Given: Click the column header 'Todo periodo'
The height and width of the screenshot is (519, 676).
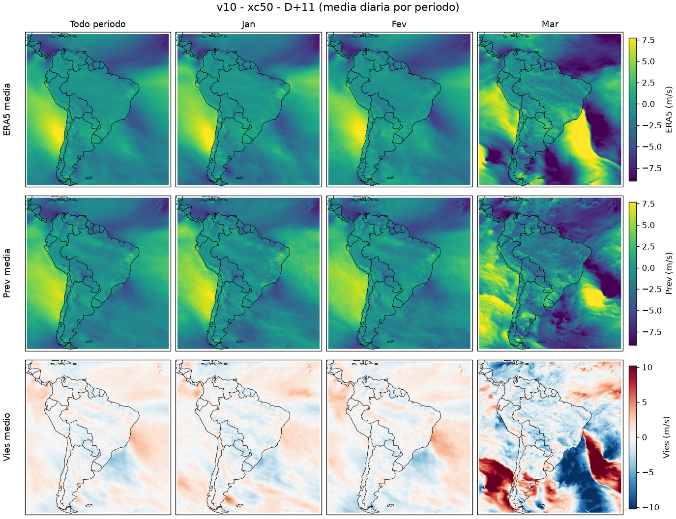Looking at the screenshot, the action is click(x=98, y=24).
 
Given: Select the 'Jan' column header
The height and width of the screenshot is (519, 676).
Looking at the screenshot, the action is click(x=248, y=24).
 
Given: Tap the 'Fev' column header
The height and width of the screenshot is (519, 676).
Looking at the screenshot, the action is click(x=399, y=24).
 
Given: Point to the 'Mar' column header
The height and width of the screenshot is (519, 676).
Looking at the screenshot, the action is click(x=550, y=24).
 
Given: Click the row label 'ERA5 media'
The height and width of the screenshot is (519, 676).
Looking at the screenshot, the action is click(x=7, y=110).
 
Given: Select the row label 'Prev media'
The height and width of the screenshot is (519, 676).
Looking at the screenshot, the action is click(x=7, y=273).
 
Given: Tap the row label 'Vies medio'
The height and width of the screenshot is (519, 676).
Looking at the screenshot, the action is click(x=7, y=437).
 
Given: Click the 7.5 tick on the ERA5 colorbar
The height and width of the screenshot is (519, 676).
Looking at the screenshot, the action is click(x=648, y=40).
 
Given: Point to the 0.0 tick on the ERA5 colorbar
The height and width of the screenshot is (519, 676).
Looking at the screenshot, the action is click(x=648, y=104).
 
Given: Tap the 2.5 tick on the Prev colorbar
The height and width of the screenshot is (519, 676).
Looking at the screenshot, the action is click(x=648, y=247).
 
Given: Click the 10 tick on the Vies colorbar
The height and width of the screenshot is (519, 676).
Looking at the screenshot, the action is click(x=647, y=368).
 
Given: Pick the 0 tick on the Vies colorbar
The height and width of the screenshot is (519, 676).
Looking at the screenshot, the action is click(x=645, y=437).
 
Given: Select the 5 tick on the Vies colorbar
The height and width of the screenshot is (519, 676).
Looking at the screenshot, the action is click(x=645, y=403).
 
